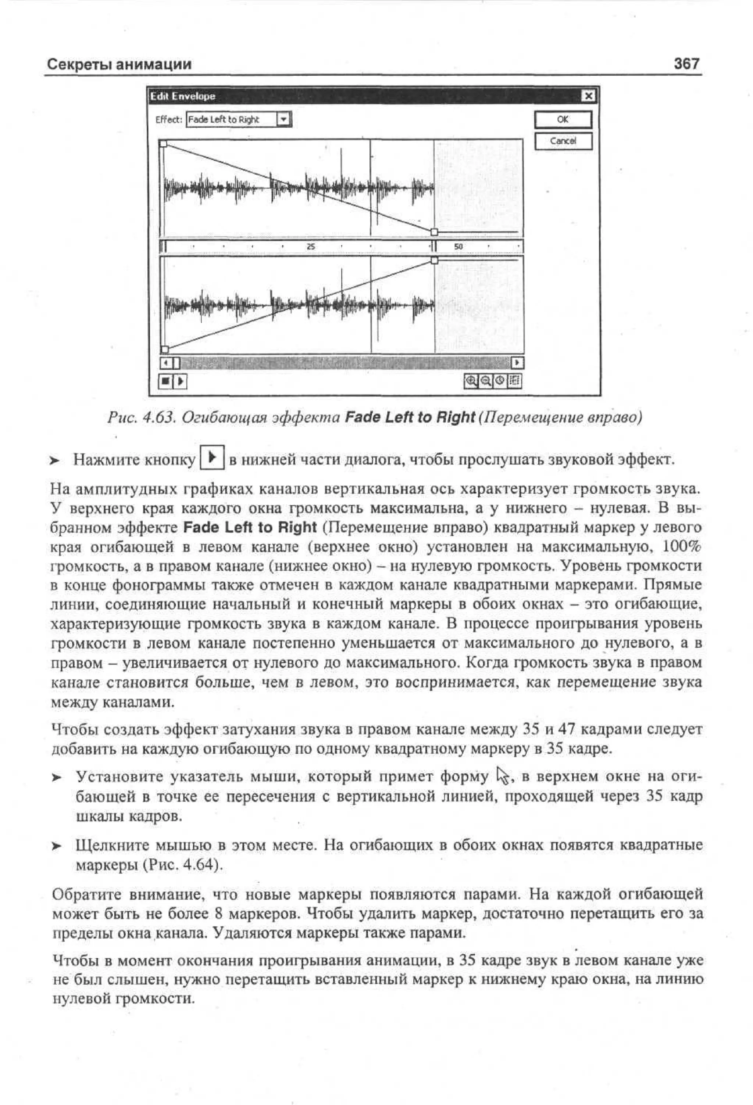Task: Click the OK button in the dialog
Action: [x=563, y=119]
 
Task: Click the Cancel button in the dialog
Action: [x=563, y=141]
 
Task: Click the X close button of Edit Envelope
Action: [x=588, y=96]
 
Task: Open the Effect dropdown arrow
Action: [x=283, y=119]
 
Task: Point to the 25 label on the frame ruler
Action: [x=311, y=246]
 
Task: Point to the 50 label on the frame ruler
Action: [x=458, y=246]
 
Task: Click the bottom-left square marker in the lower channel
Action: [x=165, y=349]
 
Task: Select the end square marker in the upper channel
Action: [x=434, y=232]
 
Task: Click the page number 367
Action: [x=686, y=63]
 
